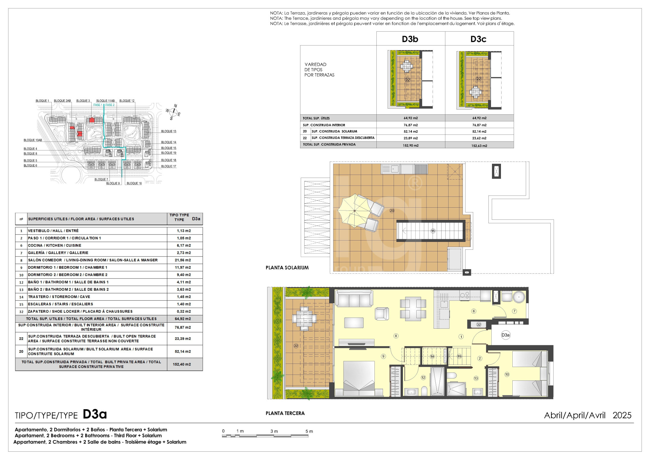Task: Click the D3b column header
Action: coord(410,39)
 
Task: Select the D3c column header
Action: coord(478,39)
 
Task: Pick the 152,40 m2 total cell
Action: coord(182,364)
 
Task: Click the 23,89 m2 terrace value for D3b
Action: coord(411,138)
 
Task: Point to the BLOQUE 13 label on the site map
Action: coord(169,131)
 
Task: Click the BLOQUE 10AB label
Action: coord(33,140)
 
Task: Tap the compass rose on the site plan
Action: coord(173,112)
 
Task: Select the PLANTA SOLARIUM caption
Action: coord(287,268)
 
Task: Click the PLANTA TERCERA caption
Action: coord(285,413)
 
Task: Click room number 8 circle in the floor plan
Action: coord(396,336)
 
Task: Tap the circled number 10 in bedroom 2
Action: coord(507,374)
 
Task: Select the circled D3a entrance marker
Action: coord(506,335)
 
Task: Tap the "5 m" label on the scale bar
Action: coord(309,431)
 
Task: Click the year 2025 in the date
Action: coord(622,415)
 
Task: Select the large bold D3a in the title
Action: coord(94,414)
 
